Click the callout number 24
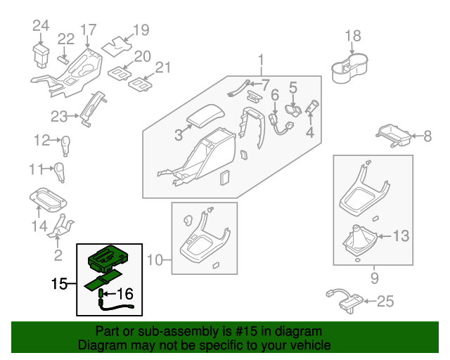coord(41,26)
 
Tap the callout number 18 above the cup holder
coord(352,36)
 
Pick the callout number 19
coord(141,30)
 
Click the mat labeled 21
coord(141,84)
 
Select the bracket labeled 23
coord(92,108)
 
